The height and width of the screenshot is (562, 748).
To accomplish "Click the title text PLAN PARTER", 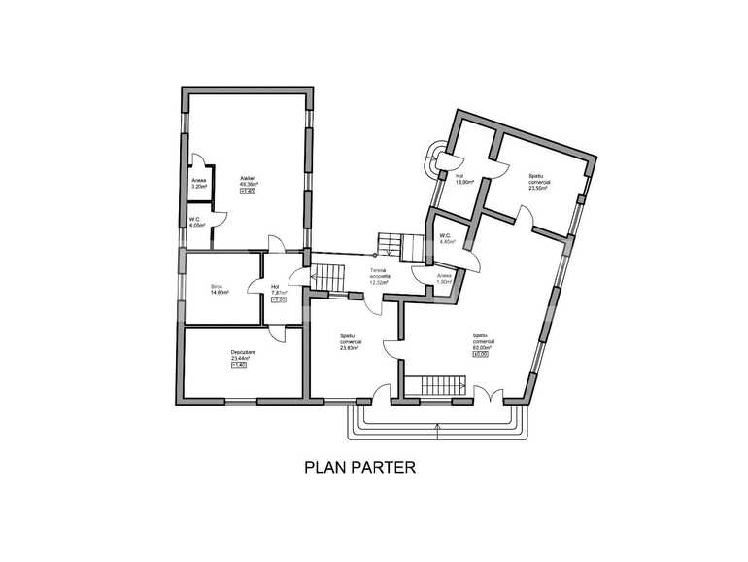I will [x=360, y=467].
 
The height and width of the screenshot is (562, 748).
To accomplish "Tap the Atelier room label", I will [x=248, y=178].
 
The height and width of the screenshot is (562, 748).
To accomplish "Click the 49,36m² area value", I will [x=248, y=184].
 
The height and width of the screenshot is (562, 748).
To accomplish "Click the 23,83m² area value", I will [x=351, y=347].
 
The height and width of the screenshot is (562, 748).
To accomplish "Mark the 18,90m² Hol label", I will [x=464, y=178].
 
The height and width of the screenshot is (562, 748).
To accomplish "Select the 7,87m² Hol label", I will [x=276, y=289].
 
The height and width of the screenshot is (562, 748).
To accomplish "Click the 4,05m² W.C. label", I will [x=196, y=222].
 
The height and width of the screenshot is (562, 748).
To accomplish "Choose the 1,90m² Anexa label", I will [x=443, y=278].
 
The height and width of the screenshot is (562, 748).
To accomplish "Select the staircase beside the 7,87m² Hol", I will [x=327, y=278].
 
